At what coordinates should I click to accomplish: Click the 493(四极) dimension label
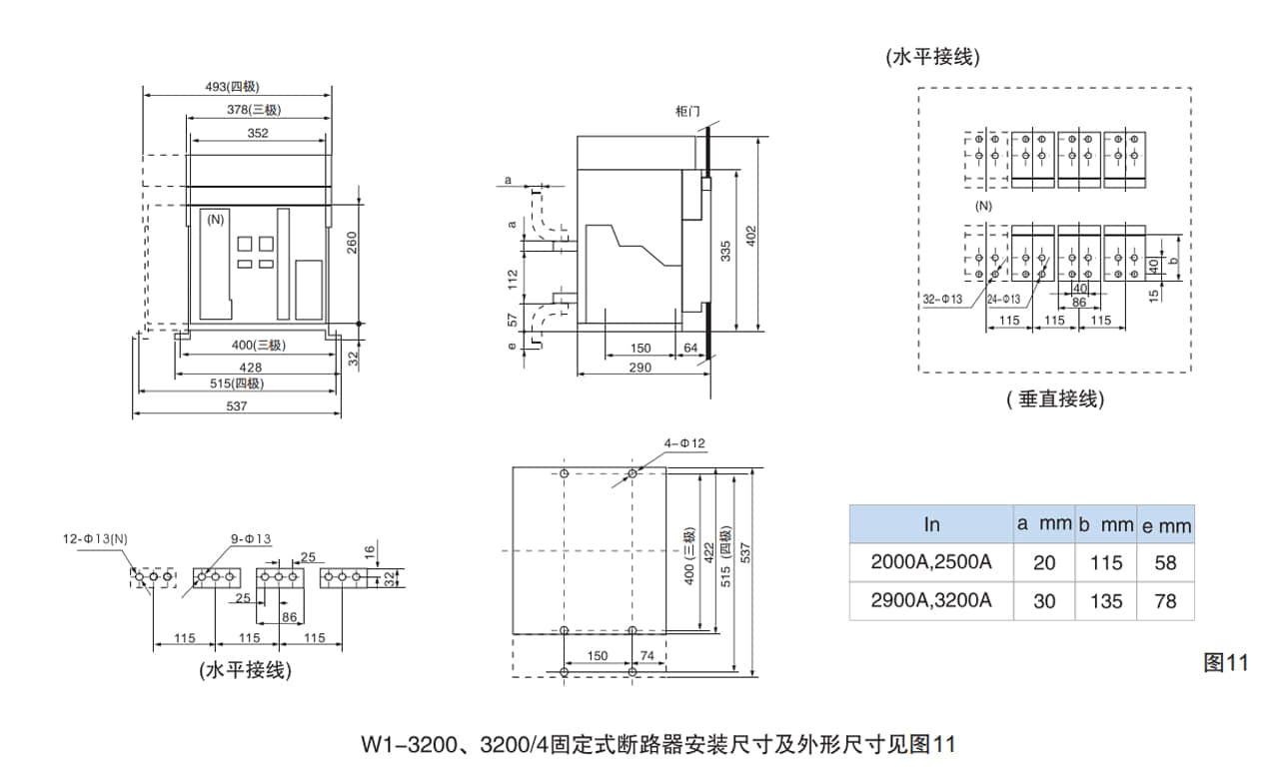click(232, 87)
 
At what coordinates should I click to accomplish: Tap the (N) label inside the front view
click(216, 219)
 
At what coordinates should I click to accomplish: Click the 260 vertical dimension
click(353, 242)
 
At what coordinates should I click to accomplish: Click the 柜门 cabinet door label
click(687, 111)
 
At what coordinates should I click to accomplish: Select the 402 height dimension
click(751, 237)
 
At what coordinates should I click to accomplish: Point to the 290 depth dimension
click(641, 368)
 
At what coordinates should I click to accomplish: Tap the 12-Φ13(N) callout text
click(96, 539)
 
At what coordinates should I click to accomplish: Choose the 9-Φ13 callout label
click(250, 539)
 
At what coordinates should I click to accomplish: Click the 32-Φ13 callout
click(942, 299)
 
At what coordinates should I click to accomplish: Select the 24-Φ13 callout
click(1003, 299)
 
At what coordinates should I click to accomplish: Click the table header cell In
click(931, 523)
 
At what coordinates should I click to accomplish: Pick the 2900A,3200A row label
click(931, 600)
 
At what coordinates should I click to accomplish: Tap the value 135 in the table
click(1106, 600)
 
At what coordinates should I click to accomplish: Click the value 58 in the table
click(1165, 562)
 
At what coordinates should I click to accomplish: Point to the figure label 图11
click(1225, 662)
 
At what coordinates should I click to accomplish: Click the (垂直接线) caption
click(1055, 399)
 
